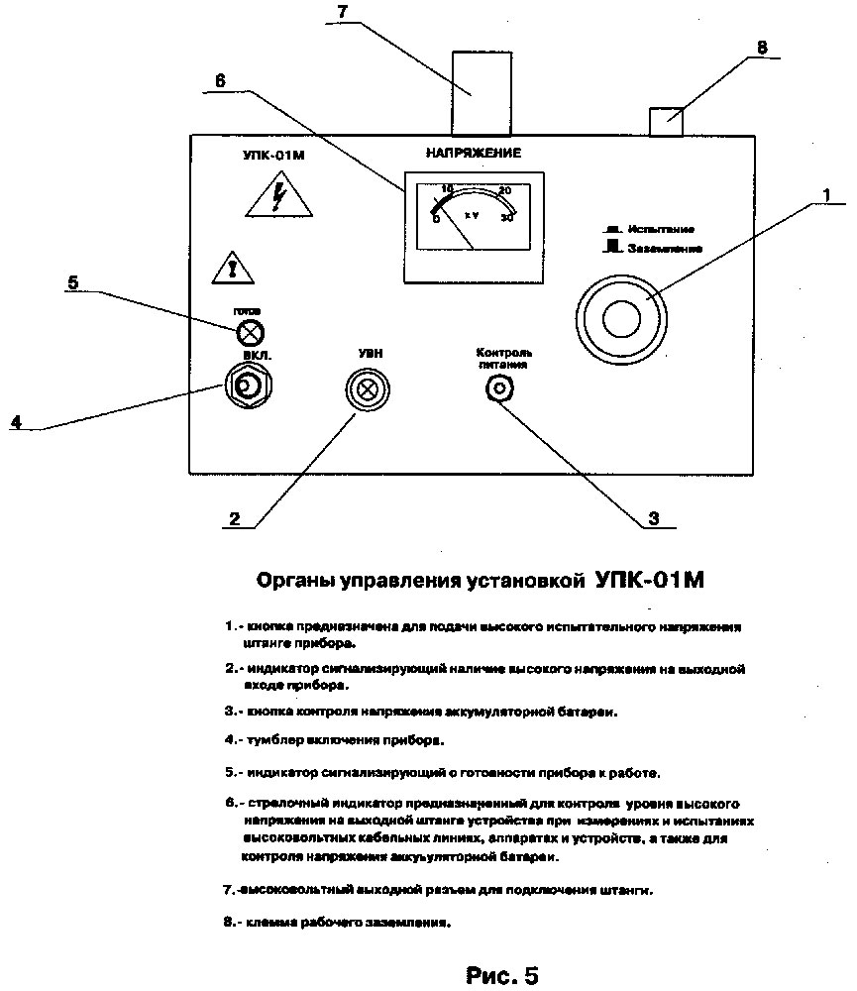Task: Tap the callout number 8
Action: click(761, 47)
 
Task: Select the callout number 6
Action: click(220, 81)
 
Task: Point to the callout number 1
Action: click(825, 196)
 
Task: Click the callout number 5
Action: click(72, 282)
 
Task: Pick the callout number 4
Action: click(15, 421)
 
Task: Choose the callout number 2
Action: click(234, 517)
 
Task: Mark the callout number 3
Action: click(653, 517)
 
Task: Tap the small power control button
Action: click(500, 388)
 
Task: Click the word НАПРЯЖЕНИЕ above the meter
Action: click(473, 153)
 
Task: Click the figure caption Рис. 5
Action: click(502, 975)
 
